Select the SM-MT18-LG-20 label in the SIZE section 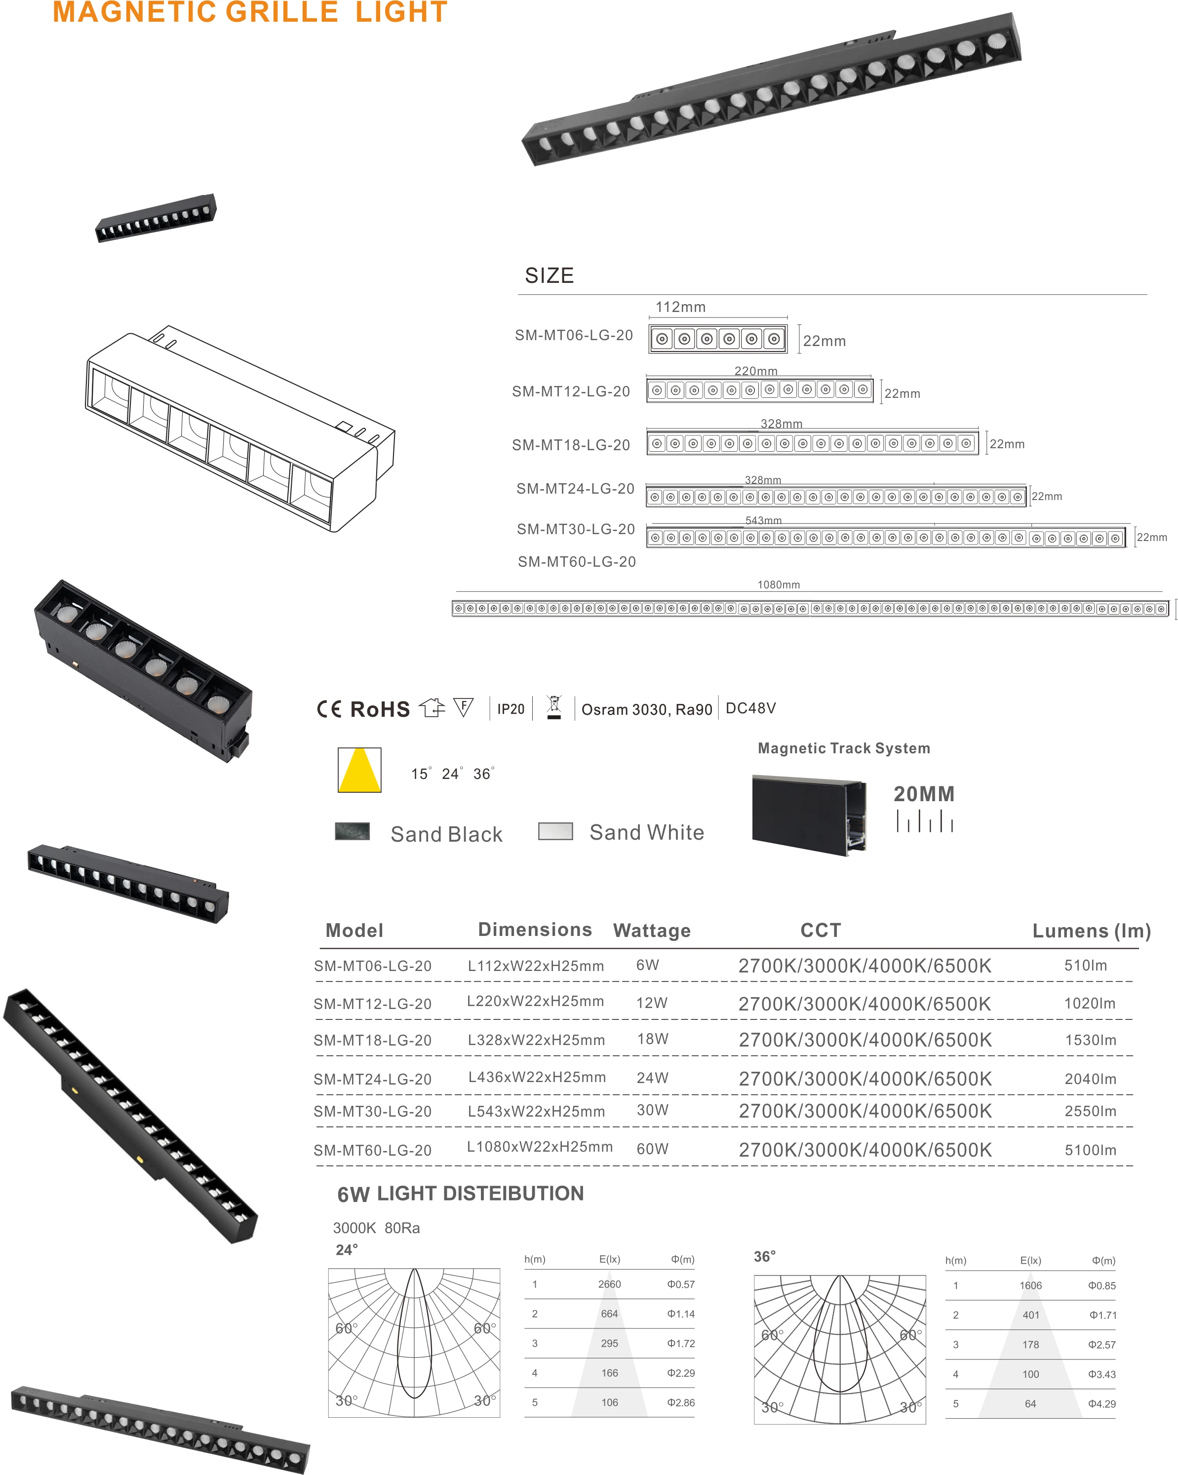pyautogui.click(x=571, y=445)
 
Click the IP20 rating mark pyautogui.click(x=510, y=709)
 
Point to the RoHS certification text pyautogui.click(x=380, y=709)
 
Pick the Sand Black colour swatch pyautogui.click(x=353, y=831)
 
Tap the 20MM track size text pyautogui.click(x=924, y=794)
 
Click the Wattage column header pyautogui.click(x=651, y=931)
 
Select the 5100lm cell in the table pyautogui.click(x=1090, y=1150)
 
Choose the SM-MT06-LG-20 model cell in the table pyautogui.click(x=373, y=966)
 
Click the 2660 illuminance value pyautogui.click(x=609, y=1284)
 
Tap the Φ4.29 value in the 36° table pyautogui.click(x=1101, y=1404)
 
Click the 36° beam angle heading pyautogui.click(x=764, y=1256)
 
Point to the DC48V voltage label pyautogui.click(x=750, y=708)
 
